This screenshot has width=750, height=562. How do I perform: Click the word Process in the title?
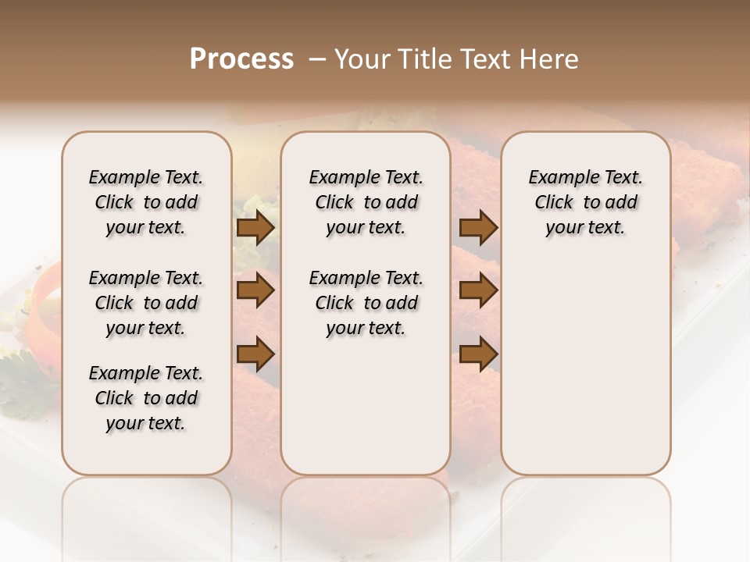pos(241,59)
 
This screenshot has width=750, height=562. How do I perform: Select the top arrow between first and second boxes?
pos(255,228)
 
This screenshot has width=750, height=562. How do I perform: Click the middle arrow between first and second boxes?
pos(255,291)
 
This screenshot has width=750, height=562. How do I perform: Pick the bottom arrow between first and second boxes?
pos(255,354)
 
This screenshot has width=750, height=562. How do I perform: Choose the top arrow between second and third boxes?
pos(478,228)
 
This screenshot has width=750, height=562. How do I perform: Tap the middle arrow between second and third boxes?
pos(478,291)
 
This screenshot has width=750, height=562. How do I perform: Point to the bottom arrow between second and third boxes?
pos(478,354)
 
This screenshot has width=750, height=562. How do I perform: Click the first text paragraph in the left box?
pos(146,202)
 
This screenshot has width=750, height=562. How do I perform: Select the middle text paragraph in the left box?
pos(146,303)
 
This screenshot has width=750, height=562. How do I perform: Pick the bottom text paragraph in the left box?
pos(146,398)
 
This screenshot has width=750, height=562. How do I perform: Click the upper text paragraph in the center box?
pos(366,202)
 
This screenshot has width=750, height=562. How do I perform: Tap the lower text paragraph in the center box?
pos(366,303)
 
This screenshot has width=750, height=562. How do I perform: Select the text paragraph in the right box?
pos(585,202)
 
